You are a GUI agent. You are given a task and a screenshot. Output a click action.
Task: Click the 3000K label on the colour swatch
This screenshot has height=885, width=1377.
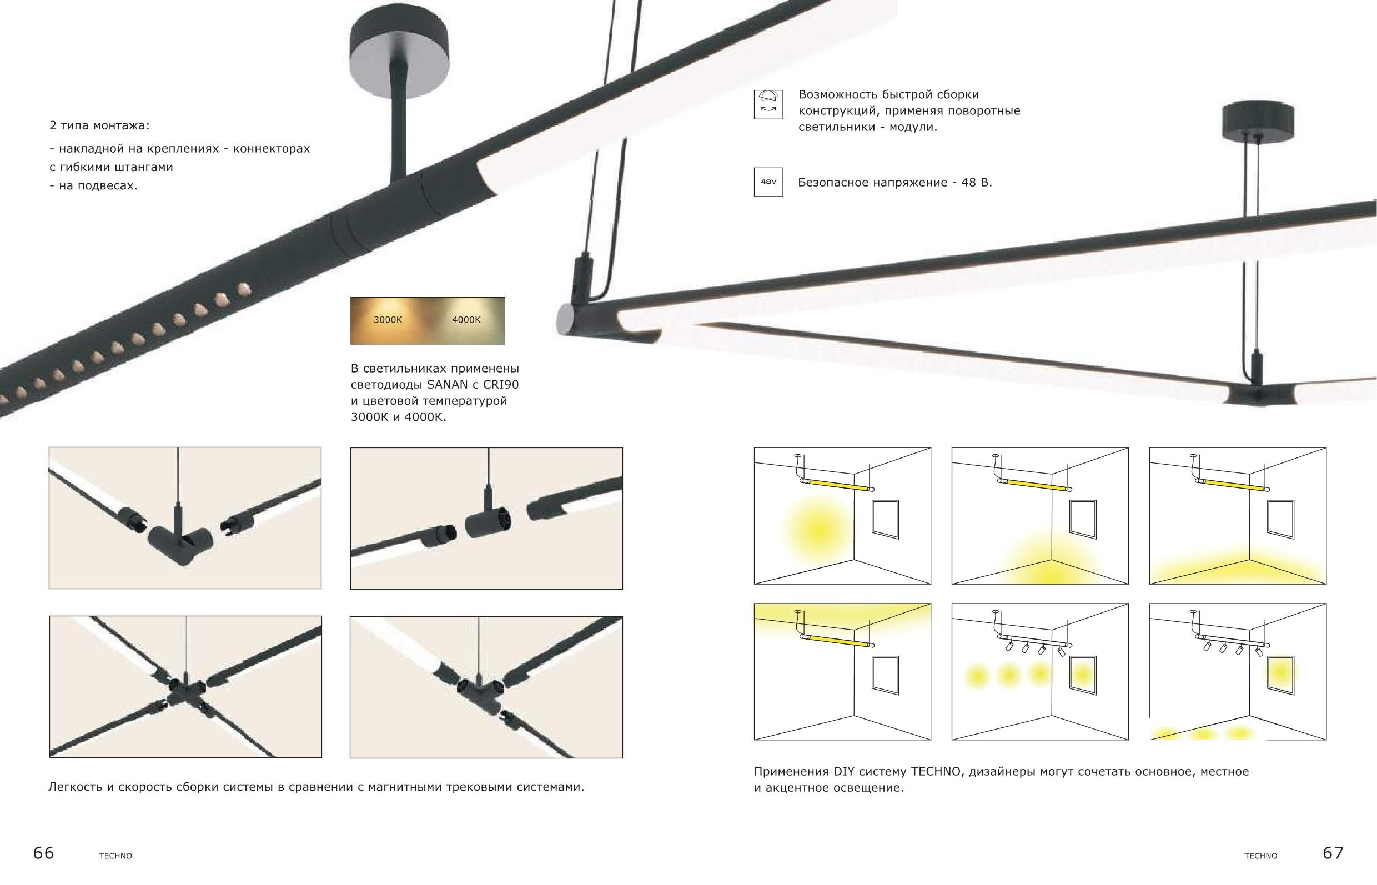388,319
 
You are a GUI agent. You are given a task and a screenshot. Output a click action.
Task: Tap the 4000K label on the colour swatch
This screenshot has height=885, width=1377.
466,319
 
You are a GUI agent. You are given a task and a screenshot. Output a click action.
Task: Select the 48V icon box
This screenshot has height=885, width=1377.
768,182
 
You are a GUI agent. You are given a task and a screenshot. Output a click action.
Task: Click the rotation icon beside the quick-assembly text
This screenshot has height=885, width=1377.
768,104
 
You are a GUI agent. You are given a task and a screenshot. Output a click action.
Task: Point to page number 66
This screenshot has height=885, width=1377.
44,853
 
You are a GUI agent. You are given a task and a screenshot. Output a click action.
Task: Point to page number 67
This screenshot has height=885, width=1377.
1333,852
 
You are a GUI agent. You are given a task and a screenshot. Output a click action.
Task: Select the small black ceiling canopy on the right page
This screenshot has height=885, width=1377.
1258,120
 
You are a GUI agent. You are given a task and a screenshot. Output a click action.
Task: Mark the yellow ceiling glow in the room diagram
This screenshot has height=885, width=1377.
842,621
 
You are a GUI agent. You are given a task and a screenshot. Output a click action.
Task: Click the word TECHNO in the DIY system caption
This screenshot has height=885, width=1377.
936,771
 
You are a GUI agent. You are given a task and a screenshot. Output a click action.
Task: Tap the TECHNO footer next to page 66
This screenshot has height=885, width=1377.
115,856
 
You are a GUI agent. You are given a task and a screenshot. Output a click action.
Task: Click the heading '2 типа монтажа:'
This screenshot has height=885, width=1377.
99,125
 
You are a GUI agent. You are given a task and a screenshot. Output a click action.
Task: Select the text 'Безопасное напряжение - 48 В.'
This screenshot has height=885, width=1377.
895,183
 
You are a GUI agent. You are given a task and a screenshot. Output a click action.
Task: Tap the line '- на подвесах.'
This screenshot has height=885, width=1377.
94,185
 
